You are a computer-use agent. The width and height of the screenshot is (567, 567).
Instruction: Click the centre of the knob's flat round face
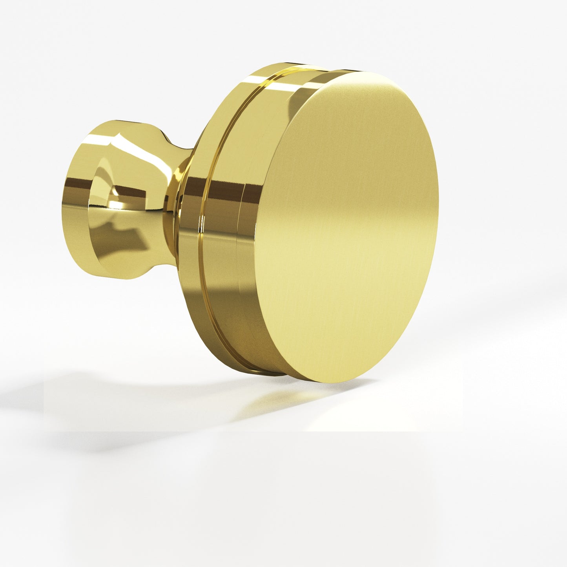345,228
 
